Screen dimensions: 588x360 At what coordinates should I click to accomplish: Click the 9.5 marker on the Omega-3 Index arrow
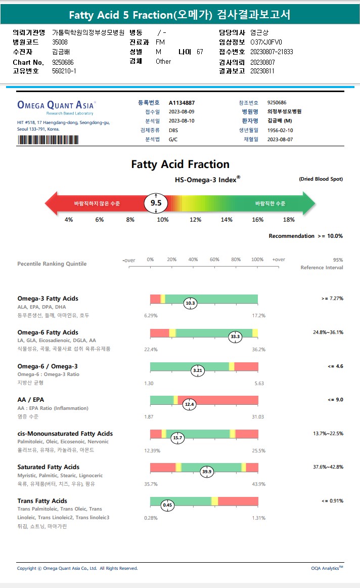(x=156, y=202)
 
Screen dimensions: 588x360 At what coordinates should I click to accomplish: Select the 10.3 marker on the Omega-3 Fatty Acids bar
(x=191, y=303)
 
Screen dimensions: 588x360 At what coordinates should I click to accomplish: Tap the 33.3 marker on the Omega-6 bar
(x=235, y=337)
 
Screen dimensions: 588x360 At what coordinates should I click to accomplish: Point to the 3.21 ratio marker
(x=198, y=370)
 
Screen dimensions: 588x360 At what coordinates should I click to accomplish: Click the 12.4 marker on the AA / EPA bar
(x=190, y=404)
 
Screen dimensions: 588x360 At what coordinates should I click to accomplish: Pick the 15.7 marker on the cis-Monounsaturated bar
(x=177, y=438)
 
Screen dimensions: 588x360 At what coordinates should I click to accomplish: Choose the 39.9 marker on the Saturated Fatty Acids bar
(x=207, y=472)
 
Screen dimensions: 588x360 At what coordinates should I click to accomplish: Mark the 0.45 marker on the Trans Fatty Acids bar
(x=167, y=505)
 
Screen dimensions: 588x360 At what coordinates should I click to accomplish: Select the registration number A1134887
(x=182, y=103)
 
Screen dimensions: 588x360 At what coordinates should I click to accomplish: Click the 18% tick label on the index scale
(x=289, y=220)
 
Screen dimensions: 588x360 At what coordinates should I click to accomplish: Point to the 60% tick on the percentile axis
(x=214, y=260)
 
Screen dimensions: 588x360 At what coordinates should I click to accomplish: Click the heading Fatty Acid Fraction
(x=180, y=164)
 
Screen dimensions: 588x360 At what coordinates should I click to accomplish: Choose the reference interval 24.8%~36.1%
(x=328, y=332)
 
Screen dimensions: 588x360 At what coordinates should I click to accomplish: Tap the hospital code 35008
(x=60, y=43)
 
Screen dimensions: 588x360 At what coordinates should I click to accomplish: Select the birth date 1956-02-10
(x=281, y=130)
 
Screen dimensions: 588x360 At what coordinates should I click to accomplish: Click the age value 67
(x=200, y=52)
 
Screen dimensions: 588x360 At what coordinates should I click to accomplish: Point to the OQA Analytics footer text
(x=327, y=568)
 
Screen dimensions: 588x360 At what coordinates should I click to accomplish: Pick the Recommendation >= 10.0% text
(x=305, y=236)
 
